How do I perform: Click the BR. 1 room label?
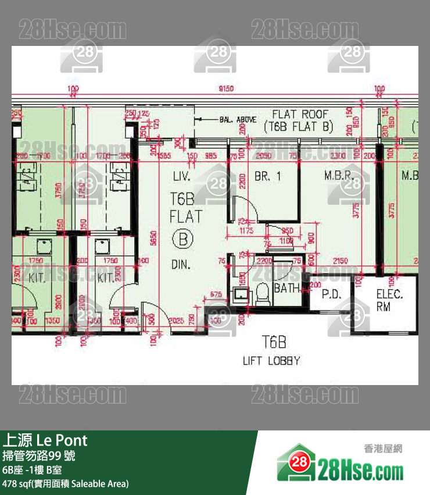tap(267, 176)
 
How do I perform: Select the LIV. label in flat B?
tap(186, 175)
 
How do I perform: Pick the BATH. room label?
tap(288, 288)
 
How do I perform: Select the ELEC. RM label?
tap(389, 300)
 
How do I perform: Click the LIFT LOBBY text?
tap(271, 361)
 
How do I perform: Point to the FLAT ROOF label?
tap(300, 115)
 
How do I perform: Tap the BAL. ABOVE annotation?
tap(238, 120)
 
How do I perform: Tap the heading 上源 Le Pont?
tap(45, 439)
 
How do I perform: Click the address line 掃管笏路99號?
tap(38, 455)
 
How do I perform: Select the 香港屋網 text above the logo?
tap(383, 448)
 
